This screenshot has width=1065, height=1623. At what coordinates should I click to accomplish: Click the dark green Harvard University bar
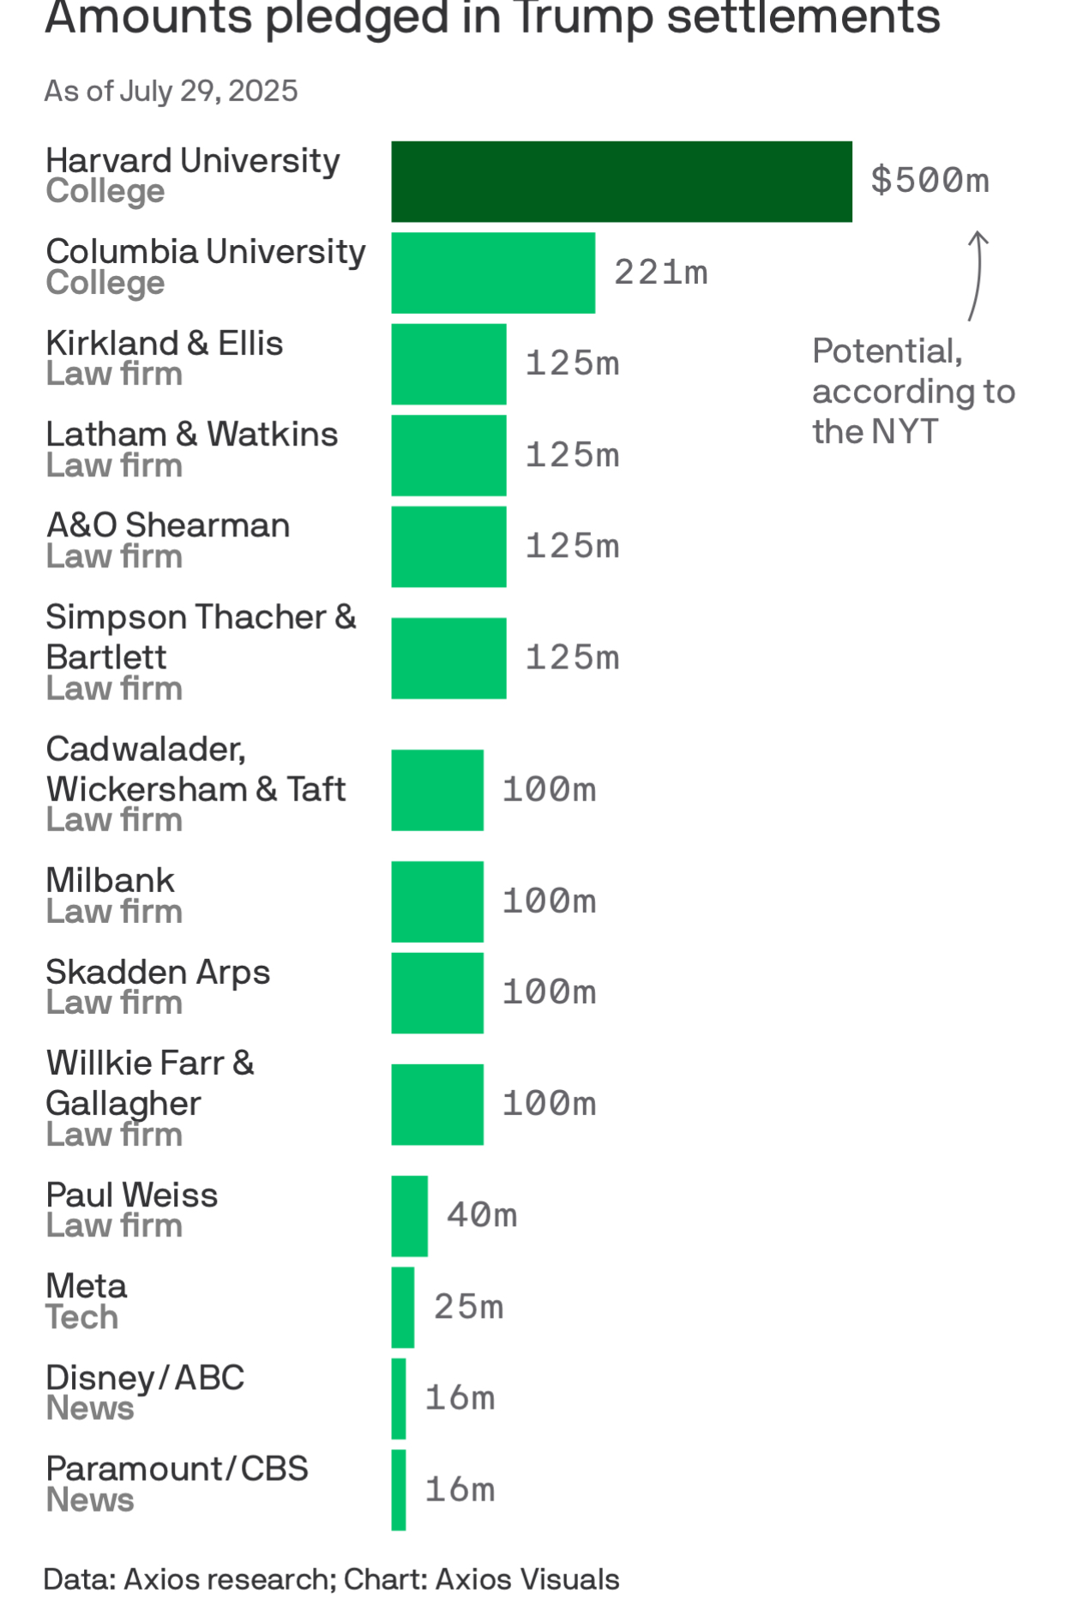pyautogui.click(x=621, y=182)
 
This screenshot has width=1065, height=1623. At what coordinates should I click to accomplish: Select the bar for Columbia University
pyautogui.click(x=493, y=272)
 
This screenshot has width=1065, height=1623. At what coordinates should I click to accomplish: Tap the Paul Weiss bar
pyautogui.click(x=410, y=1215)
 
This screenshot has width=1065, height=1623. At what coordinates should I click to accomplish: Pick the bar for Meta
pyautogui.click(x=403, y=1307)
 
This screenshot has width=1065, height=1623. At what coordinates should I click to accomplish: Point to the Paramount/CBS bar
pyautogui.click(x=399, y=1489)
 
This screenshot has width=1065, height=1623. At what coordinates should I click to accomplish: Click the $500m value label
pyautogui.click(x=930, y=181)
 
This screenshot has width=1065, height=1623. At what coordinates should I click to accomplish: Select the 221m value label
pyautogui.click(x=660, y=272)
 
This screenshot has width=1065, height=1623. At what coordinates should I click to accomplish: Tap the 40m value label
pyautogui.click(x=481, y=1215)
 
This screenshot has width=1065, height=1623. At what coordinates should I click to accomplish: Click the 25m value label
pyautogui.click(x=468, y=1307)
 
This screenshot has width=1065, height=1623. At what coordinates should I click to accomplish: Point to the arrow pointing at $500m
pyautogui.click(x=976, y=276)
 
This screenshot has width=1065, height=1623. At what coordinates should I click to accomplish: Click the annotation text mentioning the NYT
pyautogui.click(x=912, y=392)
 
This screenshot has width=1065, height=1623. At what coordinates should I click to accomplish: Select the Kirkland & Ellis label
pyautogui.click(x=165, y=344)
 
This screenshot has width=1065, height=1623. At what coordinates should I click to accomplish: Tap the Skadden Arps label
pyautogui.click(x=158, y=973)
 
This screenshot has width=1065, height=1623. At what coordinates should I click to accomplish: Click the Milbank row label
pyautogui.click(x=110, y=881)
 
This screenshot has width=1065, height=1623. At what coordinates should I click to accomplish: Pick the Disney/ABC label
pyautogui.click(x=145, y=1378)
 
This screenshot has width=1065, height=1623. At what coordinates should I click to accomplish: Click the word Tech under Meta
pyautogui.click(x=81, y=1317)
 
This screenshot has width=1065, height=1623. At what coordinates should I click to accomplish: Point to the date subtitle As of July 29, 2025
pyautogui.click(x=171, y=91)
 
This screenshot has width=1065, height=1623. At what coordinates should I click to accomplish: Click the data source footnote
pyautogui.click(x=331, y=1579)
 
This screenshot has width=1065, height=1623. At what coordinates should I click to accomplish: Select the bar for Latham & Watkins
pyautogui.click(x=448, y=455)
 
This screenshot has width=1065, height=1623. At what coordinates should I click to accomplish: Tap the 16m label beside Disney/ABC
pyautogui.click(x=460, y=1398)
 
